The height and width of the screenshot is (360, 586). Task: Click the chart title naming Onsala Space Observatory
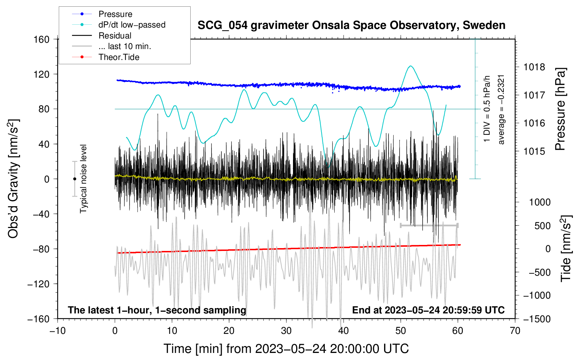[x=351, y=25]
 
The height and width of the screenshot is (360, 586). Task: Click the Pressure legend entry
[x=115, y=14]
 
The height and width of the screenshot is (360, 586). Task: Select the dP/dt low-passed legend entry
[x=132, y=25]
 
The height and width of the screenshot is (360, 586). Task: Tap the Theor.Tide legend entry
[x=119, y=57]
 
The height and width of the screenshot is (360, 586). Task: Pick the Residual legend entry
[x=115, y=36]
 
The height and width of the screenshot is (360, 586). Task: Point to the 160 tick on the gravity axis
[x=42, y=39]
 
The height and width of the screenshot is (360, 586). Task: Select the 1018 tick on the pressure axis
[x=534, y=67]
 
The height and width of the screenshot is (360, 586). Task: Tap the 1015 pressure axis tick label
[x=534, y=151]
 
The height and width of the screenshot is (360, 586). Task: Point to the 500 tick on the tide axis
[x=542, y=226]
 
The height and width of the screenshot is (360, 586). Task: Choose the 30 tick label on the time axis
[x=286, y=331]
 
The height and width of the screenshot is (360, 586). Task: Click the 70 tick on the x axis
[x=515, y=331]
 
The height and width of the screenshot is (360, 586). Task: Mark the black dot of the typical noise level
[x=74, y=179]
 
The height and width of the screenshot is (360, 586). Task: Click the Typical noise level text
[x=83, y=179]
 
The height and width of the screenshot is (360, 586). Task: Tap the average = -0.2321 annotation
[x=501, y=109]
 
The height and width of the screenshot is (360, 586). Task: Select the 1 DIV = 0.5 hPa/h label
[x=487, y=109]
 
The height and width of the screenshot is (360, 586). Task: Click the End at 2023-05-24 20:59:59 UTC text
[x=428, y=310]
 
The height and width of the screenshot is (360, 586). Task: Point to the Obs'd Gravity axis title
[x=13, y=179]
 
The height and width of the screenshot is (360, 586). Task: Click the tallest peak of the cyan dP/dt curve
[x=410, y=66]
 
